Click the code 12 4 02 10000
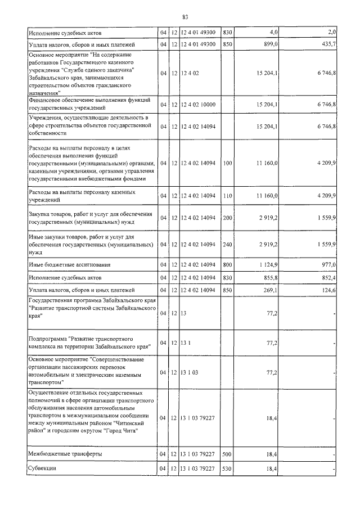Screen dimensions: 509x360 point(198,105)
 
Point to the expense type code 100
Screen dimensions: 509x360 point(227,163)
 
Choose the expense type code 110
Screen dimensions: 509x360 point(227,195)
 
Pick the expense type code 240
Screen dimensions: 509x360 point(227,244)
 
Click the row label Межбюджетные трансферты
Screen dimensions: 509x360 point(65,453)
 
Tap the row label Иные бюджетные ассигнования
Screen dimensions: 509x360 point(70,264)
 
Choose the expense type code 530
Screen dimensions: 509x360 point(227,468)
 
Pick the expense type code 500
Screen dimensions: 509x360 point(227,453)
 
